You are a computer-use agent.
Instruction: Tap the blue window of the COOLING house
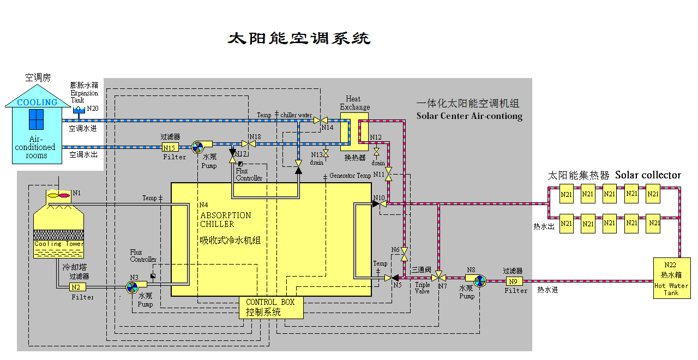tap(36, 120)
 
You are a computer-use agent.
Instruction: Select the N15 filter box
tap(170, 148)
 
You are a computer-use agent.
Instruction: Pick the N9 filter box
tap(513, 281)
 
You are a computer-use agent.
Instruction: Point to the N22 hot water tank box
tap(671, 278)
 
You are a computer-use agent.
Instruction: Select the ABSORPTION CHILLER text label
tap(225, 219)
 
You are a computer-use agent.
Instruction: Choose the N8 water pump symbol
tap(480, 281)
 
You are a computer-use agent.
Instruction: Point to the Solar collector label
tap(648, 175)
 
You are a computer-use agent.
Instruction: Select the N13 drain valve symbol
tap(326, 154)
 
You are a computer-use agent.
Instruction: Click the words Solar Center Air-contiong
tap(469, 116)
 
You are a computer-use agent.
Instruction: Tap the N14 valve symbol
tap(324, 120)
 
